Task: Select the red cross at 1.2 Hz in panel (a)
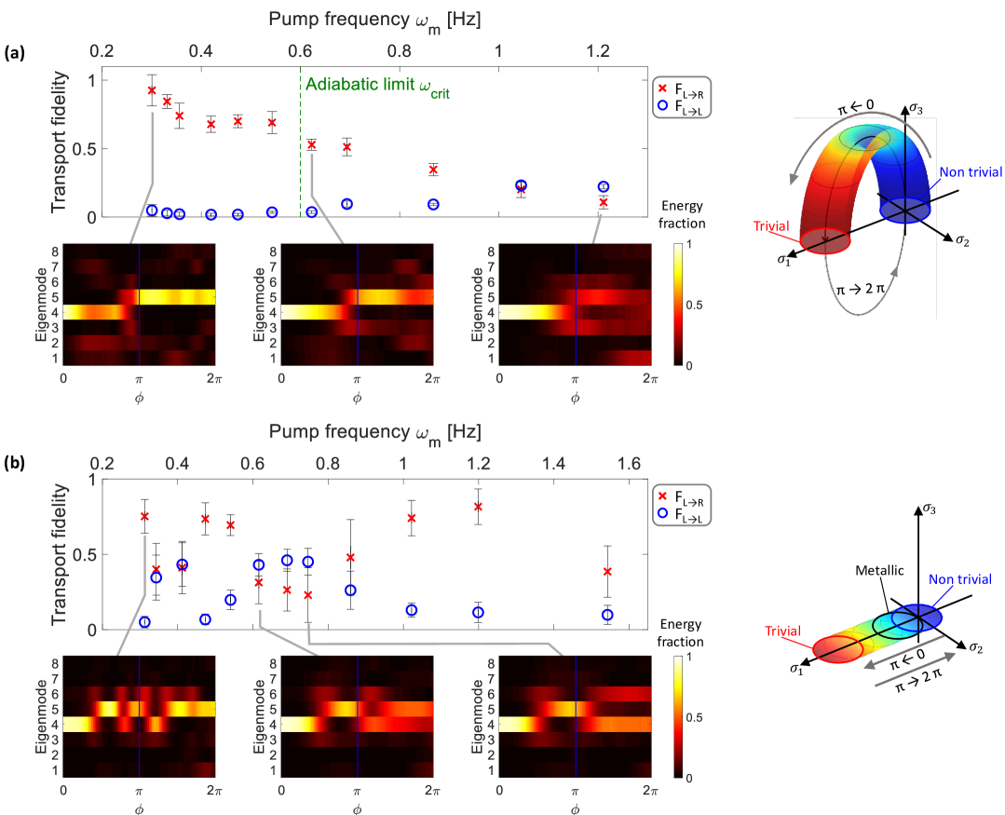604,202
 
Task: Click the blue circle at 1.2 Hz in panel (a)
604,187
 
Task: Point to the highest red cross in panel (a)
152,90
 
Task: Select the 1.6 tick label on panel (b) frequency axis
629,464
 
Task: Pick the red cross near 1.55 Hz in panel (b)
607,571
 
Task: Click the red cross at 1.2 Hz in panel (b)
479,506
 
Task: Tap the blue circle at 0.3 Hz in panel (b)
144,621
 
